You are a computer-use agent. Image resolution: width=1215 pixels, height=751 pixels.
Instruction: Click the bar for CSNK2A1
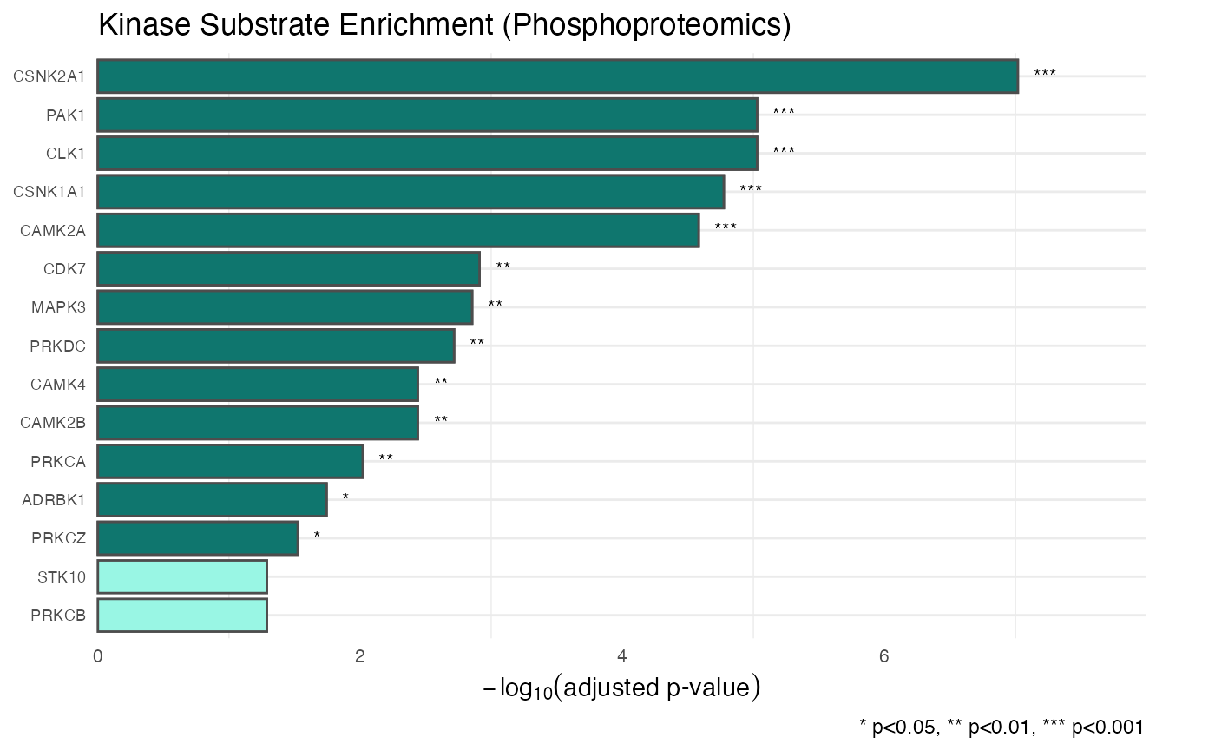tap(557, 76)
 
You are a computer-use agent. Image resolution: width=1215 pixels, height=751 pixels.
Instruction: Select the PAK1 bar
tap(427, 115)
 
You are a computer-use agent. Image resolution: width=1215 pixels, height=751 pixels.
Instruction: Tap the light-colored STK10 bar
tap(182, 576)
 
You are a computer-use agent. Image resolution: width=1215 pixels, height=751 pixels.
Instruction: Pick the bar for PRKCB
tap(182, 615)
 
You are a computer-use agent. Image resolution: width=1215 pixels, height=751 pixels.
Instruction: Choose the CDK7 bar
tap(288, 269)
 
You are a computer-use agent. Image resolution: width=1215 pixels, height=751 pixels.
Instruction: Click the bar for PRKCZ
tap(198, 538)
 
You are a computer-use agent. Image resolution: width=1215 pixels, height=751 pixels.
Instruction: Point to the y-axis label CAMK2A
tap(53, 231)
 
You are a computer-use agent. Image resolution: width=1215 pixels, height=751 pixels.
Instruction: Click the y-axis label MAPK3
tap(58, 307)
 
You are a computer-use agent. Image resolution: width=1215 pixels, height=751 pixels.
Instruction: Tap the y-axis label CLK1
tap(66, 154)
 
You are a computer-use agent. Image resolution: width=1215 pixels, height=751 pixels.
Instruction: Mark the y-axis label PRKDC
tap(57, 346)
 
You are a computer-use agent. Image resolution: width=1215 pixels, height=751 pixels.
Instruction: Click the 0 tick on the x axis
tap(97, 656)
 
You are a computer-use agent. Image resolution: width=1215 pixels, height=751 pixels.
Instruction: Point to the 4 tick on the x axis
tap(622, 656)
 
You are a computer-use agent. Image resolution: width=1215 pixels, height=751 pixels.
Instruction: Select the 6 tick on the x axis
tap(884, 656)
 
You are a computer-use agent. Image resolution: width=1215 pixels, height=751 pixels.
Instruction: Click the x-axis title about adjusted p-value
tap(621, 688)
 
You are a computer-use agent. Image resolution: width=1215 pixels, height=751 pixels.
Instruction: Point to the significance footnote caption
tap(1001, 727)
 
